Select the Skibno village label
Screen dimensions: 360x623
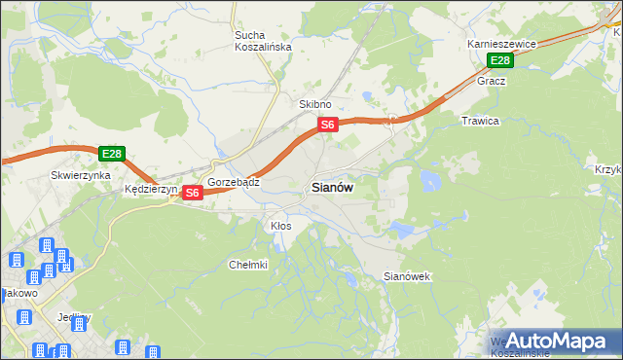(315, 104)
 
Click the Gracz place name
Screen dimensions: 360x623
(492, 81)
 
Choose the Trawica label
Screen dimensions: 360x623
(480, 121)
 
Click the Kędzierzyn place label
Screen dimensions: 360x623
(147, 190)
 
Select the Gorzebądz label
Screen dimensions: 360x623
(233, 182)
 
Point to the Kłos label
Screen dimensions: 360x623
(280, 225)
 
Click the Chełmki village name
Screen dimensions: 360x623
(248, 264)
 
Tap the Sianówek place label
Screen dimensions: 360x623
(407, 276)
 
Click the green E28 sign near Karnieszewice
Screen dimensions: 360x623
(499, 61)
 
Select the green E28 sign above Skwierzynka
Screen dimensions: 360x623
(112, 154)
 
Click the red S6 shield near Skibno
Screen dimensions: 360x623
(328, 125)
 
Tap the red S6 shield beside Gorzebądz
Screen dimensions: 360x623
(193, 193)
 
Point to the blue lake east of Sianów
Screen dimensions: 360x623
(429, 180)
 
